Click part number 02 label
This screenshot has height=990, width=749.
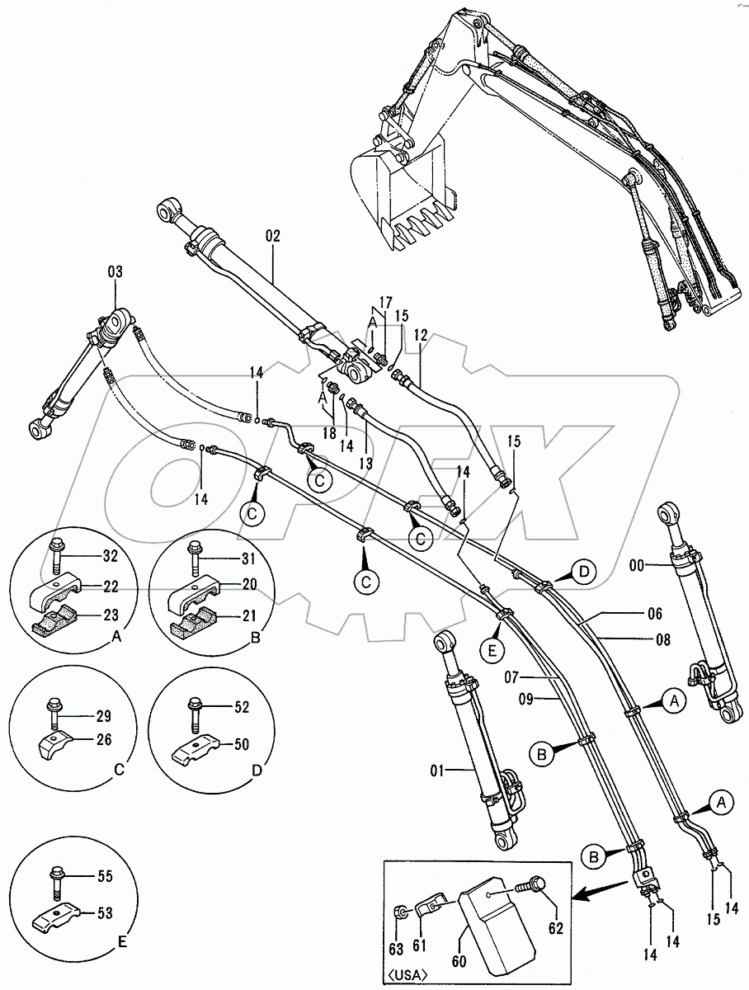click(273, 236)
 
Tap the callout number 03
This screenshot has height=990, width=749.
click(115, 271)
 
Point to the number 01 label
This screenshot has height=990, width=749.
click(437, 771)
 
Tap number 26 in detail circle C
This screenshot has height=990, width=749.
click(103, 739)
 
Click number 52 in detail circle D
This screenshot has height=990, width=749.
click(242, 706)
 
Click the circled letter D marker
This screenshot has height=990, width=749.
click(583, 571)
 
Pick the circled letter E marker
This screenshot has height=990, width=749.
click(492, 651)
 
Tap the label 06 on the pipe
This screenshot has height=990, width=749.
click(654, 614)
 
